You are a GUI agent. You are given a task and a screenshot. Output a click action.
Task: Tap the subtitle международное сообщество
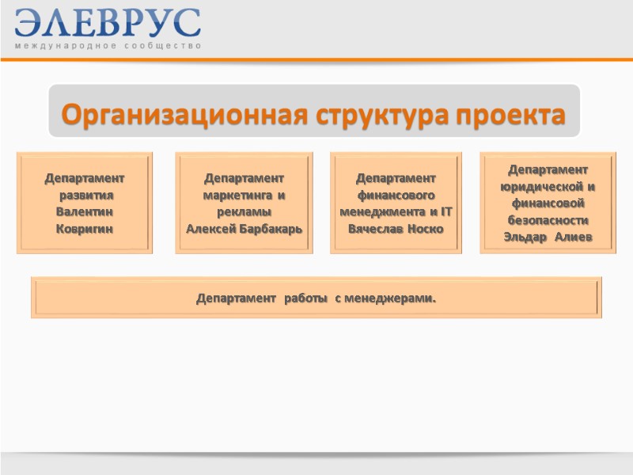coord(108,46)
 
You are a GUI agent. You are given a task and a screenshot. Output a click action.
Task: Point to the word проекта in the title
coord(506,116)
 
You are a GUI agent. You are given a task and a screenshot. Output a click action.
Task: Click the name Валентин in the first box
coord(85,212)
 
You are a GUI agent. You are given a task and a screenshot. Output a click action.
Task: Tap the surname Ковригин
coord(85,229)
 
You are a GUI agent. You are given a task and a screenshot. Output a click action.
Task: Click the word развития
coord(87,196)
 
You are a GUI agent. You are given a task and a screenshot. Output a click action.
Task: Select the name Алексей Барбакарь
coord(244,229)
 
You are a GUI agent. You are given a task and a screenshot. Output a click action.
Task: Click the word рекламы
coord(244,212)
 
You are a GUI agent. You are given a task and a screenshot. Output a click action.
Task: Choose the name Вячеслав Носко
coord(396,229)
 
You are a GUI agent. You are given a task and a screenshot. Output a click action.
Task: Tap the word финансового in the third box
coord(396,195)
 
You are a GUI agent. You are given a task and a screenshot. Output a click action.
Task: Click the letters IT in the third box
coord(445,212)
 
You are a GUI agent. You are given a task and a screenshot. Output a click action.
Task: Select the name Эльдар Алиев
coord(548,237)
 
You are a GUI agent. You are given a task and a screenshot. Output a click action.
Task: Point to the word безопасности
coord(548,221)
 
